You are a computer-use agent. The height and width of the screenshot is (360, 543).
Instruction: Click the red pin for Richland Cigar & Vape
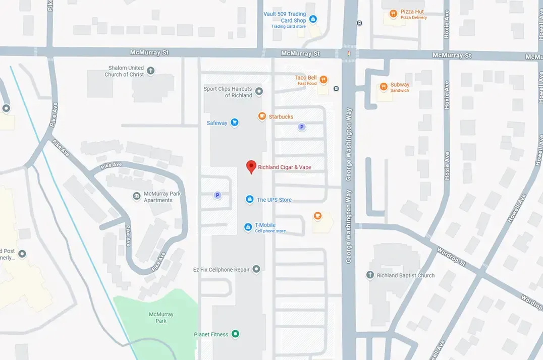tap(251, 166)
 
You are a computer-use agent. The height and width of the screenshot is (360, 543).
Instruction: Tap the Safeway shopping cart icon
tap(234, 122)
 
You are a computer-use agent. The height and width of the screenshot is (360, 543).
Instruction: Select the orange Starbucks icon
tap(262, 116)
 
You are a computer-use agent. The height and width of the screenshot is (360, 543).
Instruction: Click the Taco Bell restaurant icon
tap(323, 80)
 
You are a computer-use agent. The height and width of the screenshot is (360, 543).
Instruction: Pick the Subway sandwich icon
tap(384, 87)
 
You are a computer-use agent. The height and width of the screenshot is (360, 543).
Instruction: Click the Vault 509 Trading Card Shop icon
tap(313, 19)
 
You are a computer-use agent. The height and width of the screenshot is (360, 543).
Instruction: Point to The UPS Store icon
tap(249, 200)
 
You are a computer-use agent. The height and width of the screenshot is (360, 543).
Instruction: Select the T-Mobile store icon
tap(248, 227)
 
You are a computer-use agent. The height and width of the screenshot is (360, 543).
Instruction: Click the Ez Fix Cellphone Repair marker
tap(256, 269)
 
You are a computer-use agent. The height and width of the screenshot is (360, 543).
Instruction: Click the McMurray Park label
tap(161, 317)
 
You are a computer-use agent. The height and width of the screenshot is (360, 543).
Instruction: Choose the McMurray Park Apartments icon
tap(136, 196)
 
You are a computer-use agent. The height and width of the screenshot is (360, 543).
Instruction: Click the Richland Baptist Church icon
tap(370, 275)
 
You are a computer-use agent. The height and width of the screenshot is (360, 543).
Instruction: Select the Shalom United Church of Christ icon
tap(151, 71)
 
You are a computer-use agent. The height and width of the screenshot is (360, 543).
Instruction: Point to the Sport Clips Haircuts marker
tap(259, 91)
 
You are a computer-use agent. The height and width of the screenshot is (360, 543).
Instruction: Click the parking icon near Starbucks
tap(302, 127)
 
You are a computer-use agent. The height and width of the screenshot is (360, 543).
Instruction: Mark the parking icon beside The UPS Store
tap(218, 195)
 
